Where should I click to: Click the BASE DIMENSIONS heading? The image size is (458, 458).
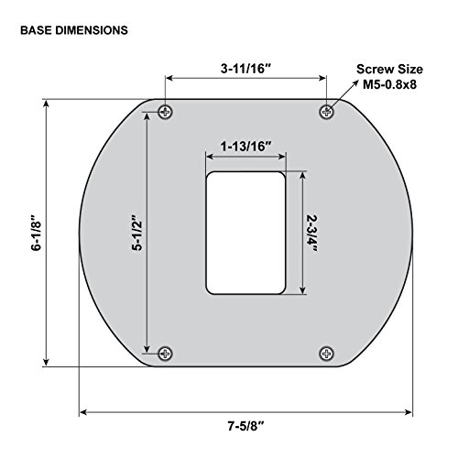pyautogui.click(x=74, y=30)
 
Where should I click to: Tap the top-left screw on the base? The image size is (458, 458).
pyautogui.click(x=165, y=112)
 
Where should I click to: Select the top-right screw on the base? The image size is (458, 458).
pyautogui.click(x=327, y=112)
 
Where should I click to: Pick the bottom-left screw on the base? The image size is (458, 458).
pyautogui.click(x=165, y=354)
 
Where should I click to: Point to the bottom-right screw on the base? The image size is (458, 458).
pyautogui.click(x=327, y=354)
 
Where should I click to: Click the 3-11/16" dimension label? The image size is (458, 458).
pyautogui.click(x=246, y=69)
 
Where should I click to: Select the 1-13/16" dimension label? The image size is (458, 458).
pyautogui.click(x=246, y=147)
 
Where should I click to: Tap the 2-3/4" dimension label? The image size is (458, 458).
pyautogui.click(x=311, y=234)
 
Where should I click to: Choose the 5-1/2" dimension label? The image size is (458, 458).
pyautogui.click(x=137, y=233)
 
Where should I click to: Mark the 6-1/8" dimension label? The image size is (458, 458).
pyautogui.click(x=36, y=233)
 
